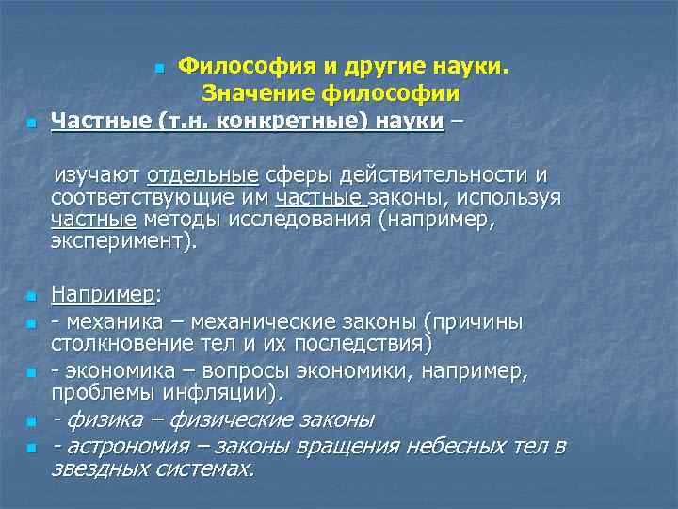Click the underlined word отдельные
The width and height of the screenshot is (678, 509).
(202, 175)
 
